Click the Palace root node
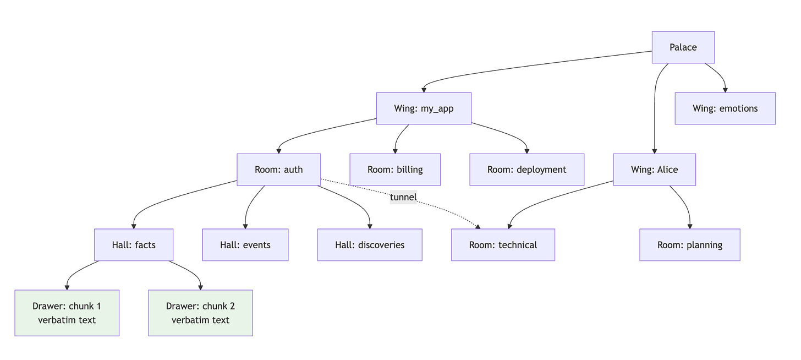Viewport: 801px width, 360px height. [683, 47]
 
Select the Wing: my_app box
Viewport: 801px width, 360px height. [424, 108]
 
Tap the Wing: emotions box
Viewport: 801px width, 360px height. [725, 108]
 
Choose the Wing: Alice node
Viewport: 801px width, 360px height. [655, 170]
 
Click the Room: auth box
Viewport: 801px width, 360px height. [278, 170]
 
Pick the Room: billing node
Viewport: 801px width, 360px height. [395, 170]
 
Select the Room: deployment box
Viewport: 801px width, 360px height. [526, 170]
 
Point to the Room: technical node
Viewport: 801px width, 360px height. [503, 245]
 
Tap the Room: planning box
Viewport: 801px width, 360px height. [690, 245]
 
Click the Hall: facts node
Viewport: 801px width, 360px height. [134, 245]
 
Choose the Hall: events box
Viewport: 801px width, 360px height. [245, 245]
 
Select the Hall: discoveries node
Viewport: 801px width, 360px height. [370, 245]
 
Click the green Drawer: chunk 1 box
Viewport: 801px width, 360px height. [67, 313]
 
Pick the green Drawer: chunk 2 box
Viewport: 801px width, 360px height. [201, 313]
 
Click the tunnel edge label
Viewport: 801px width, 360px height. [403, 197]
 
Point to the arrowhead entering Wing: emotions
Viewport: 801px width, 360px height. [725, 90]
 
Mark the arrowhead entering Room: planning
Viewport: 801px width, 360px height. [690, 227]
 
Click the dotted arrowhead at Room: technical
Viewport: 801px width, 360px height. [478, 227]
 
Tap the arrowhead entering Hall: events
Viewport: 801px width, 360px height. [245, 227]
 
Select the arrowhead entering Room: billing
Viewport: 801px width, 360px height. [395, 151]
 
